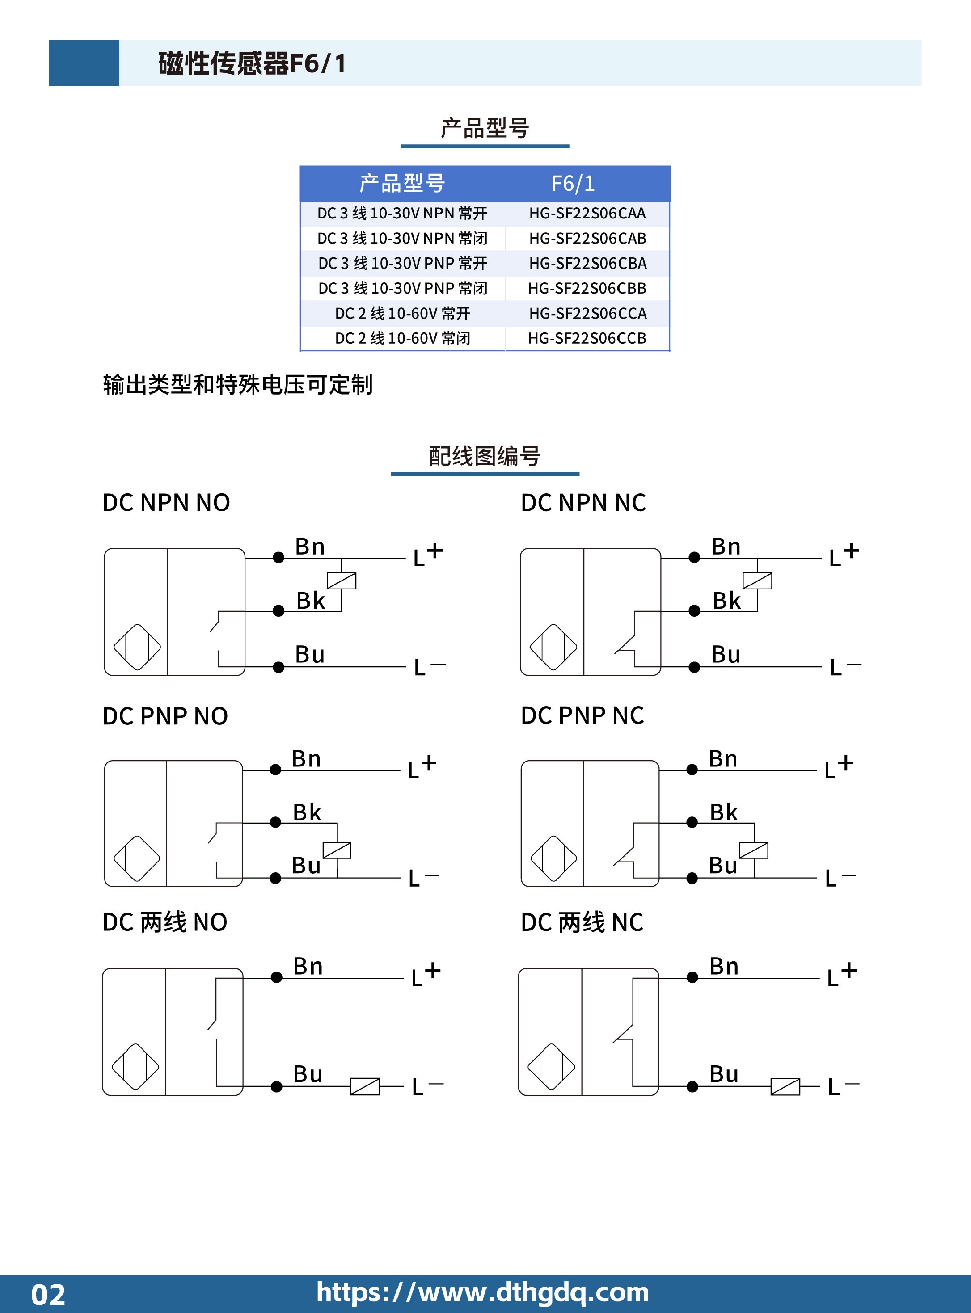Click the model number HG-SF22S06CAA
coord(587,213)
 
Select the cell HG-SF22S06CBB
coord(587,289)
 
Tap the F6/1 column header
coord(573,184)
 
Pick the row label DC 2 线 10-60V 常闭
coord(403,338)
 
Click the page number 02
coord(48,1295)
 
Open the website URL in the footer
coord(482,1292)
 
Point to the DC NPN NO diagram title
coord(166,503)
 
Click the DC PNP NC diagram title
coord(583,716)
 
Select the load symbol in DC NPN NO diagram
coord(341,581)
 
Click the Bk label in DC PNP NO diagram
coord(307,812)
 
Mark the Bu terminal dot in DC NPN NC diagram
coord(694,667)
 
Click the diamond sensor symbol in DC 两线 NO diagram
coord(135,1067)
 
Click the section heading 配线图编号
coord(485,456)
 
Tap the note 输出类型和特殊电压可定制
coord(238,384)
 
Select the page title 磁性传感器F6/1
coord(252,64)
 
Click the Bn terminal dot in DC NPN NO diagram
coord(279,558)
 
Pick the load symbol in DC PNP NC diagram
coord(754,850)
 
